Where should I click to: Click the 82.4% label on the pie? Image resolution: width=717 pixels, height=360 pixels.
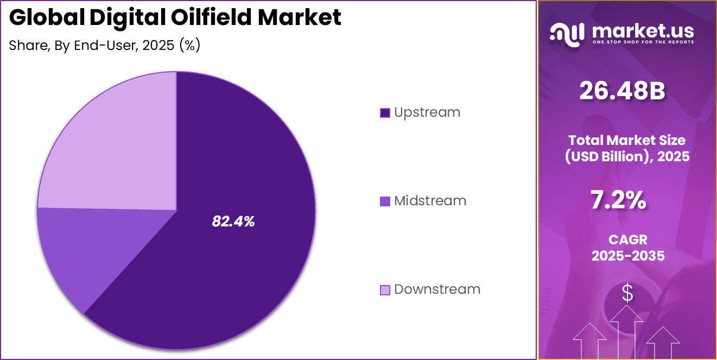click(233, 221)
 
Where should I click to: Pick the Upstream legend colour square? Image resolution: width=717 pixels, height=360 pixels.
click(385, 113)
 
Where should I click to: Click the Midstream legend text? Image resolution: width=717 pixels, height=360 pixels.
click(430, 201)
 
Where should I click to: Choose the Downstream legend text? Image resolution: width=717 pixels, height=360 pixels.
click(437, 289)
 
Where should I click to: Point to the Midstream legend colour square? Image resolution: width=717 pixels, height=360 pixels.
click(385, 201)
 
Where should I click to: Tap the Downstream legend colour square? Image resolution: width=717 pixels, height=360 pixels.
click(385, 290)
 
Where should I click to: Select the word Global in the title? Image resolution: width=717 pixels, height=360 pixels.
click(46, 17)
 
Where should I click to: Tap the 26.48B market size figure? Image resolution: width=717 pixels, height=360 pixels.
click(622, 91)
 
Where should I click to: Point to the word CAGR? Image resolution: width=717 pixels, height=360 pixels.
click(627, 239)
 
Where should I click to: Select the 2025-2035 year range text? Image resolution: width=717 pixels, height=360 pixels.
click(628, 256)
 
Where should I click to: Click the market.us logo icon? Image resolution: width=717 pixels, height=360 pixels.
click(567, 33)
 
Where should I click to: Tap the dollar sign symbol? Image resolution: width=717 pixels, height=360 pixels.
click(627, 294)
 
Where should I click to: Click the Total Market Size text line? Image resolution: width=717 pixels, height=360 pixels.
click(627, 140)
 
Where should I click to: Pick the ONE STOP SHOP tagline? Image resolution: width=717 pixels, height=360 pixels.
click(643, 42)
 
